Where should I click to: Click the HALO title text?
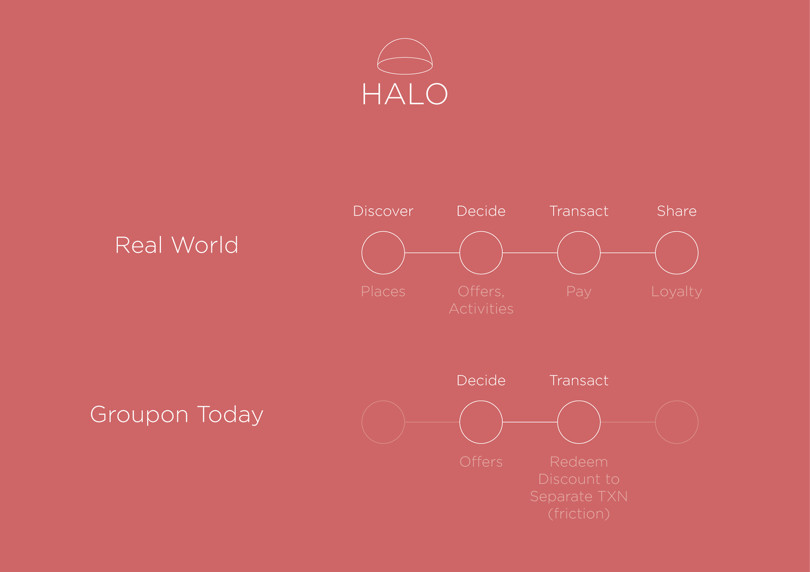(x=405, y=94)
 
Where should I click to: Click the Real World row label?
(x=177, y=245)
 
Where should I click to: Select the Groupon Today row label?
(x=177, y=414)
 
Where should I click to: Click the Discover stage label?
(x=383, y=211)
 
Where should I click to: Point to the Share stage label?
(x=677, y=211)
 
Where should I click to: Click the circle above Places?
(x=383, y=231)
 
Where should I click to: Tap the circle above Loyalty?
(x=677, y=231)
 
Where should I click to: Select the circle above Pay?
(x=579, y=231)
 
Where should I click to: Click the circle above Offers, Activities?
(x=481, y=231)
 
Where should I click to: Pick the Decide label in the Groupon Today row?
(x=481, y=380)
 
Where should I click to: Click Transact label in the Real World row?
(x=579, y=211)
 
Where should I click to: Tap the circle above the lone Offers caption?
(x=481, y=401)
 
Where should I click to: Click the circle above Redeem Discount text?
(x=579, y=401)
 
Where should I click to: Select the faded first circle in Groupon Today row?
(x=383, y=401)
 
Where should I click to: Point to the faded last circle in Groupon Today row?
(x=677, y=401)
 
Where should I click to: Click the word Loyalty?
(x=677, y=292)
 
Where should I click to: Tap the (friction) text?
(x=579, y=514)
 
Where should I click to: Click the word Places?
(x=383, y=291)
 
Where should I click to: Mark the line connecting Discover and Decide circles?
(x=432, y=253)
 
